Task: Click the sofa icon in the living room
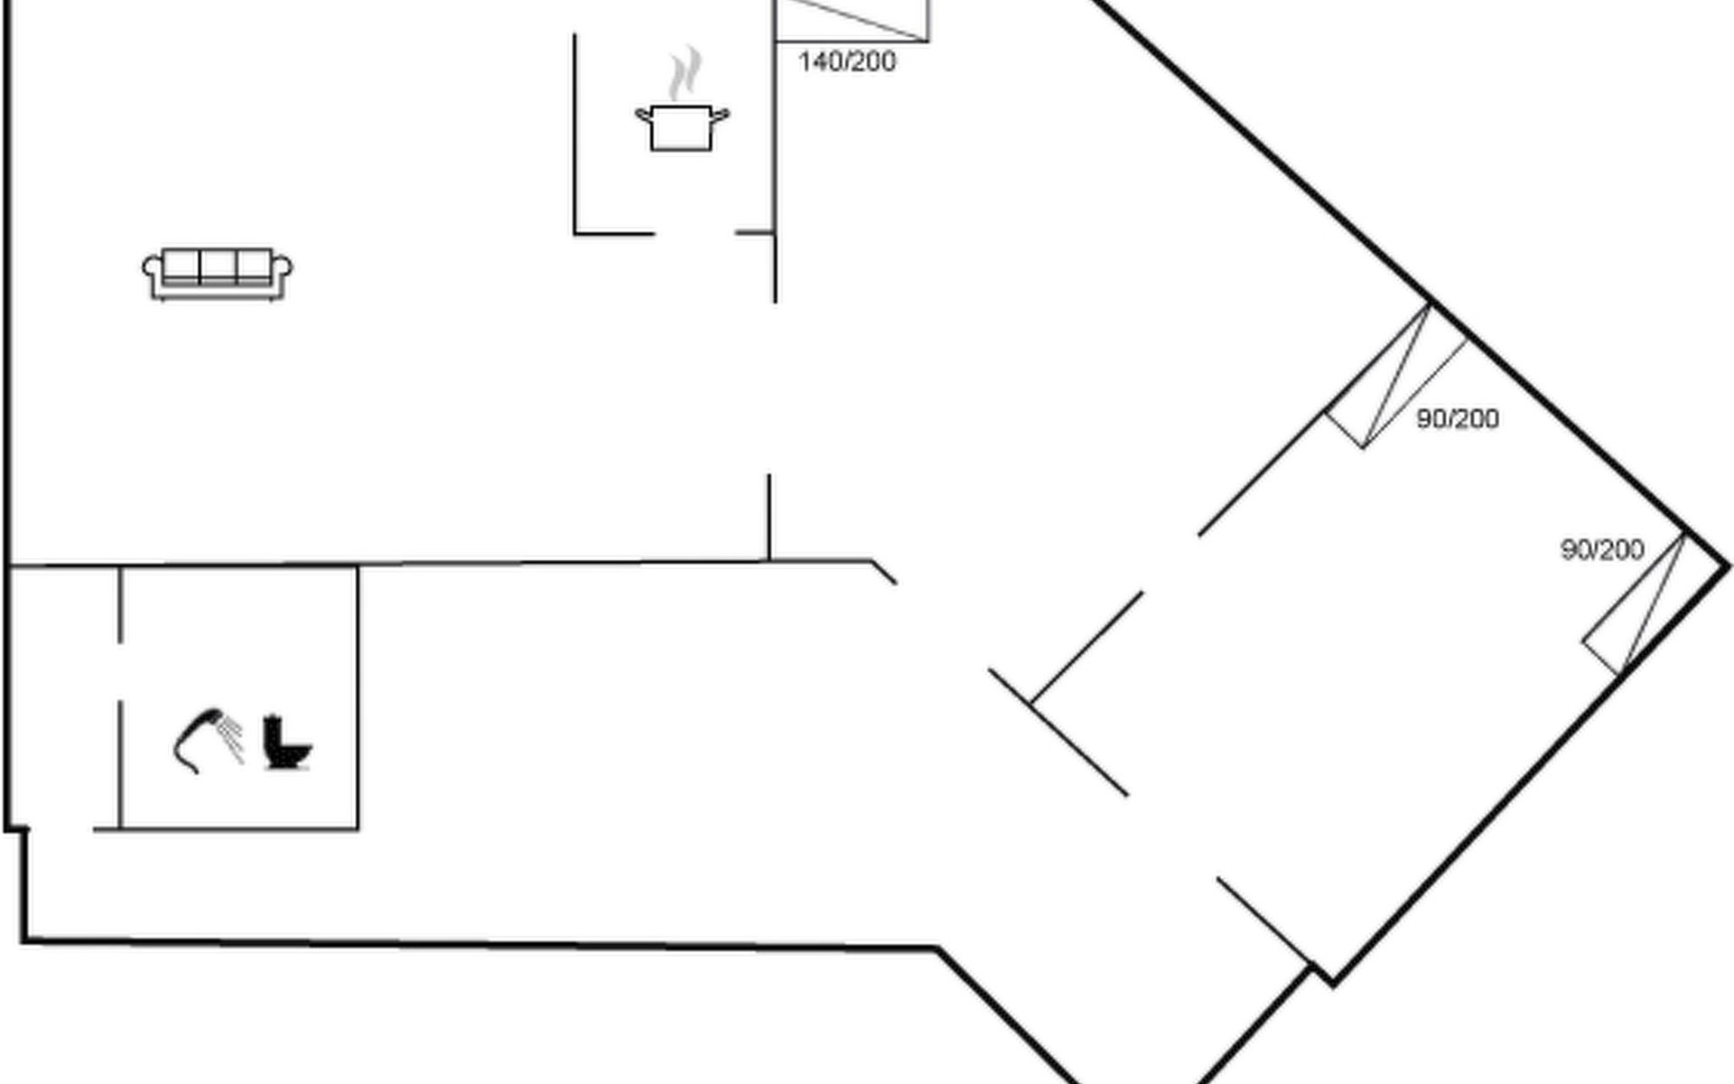click(x=217, y=274)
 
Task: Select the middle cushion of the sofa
click(x=218, y=266)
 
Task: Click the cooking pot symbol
click(x=682, y=127)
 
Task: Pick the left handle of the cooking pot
click(x=643, y=115)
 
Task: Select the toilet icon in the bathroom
click(x=287, y=743)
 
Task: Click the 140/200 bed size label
click(x=847, y=61)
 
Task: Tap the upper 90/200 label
click(x=1458, y=418)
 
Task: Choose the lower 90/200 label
click(x=1602, y=549)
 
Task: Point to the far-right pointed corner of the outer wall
click(x=1729, y=566)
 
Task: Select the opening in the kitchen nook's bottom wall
click(x=695, y=233)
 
